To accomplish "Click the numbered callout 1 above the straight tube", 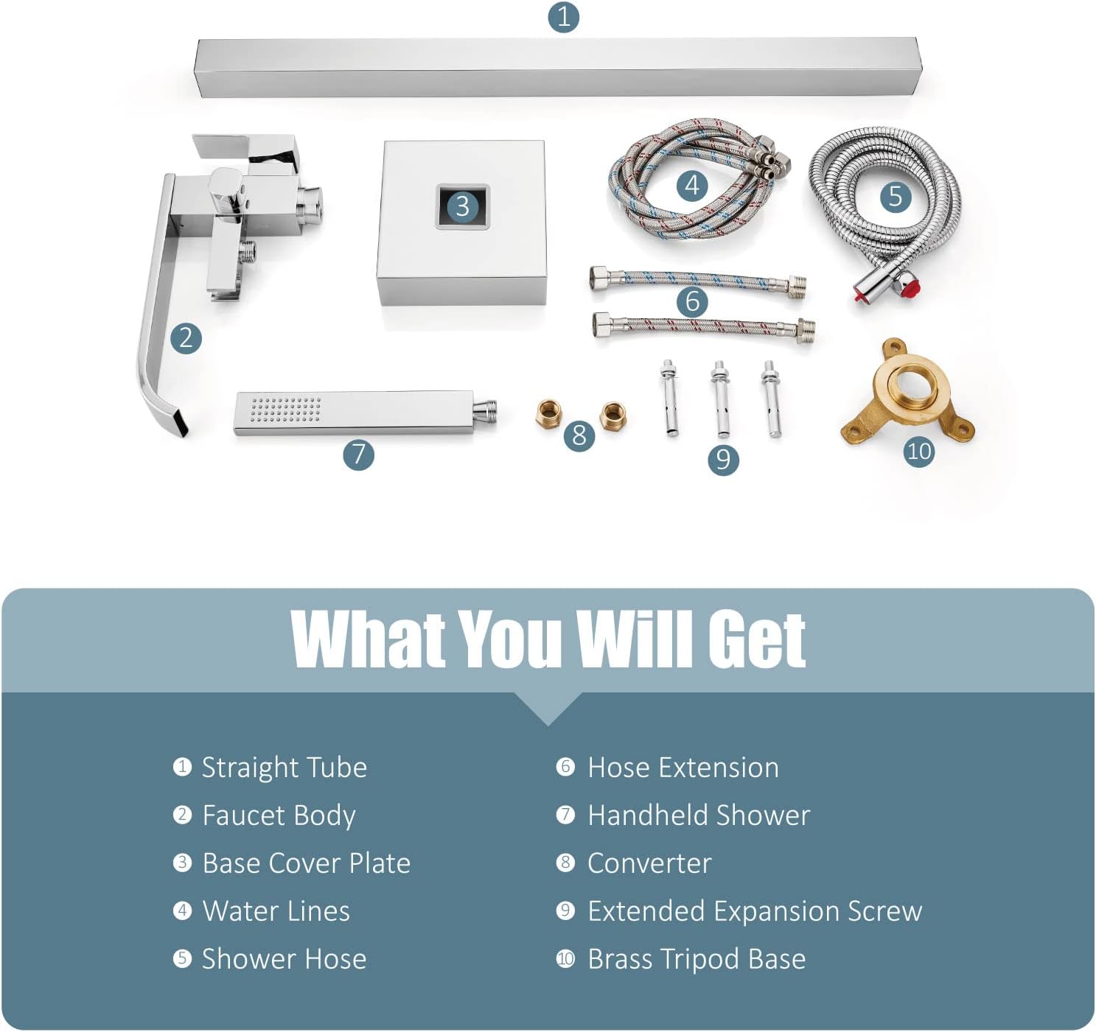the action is pyautogui.click(x=563, y=17).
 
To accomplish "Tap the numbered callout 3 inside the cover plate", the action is pyautogui.click(x=462, y=206).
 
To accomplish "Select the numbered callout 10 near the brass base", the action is pyautogui.click(x=919, y=452).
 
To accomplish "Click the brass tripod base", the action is pyautogui.click(x=907, y=394).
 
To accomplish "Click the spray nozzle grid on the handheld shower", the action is pyautogui.click(x=285, y=410).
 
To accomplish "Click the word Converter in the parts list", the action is pyautogui.click(x=649, y=863).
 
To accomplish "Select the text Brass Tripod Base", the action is pyautogui.click(x=697, y=958).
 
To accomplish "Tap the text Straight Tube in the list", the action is pyautogui.click(x=285, y=768).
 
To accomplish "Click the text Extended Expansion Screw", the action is pyautogui.click(x=755, y=911).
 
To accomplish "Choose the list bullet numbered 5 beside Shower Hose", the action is pyautogui.click(x=182, y=958).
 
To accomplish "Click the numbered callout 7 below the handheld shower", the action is pyautogui.click(x=359, y=455).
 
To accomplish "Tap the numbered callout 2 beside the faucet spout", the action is pyautogui.click(x=186, y=338).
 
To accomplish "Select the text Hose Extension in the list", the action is pyautogui.click(x=683, y=768).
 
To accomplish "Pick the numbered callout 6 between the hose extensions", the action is pyautogui.click(x=692, y=302).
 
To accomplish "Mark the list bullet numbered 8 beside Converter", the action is pyautogui.click(x=565, y=863).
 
